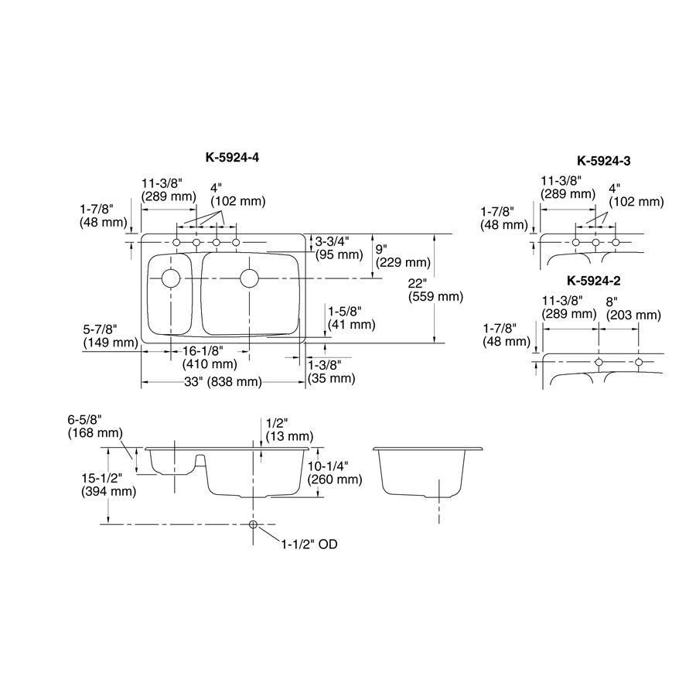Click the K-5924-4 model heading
232,157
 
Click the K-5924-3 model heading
604,161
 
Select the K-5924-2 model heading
594,281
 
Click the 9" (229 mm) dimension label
401,256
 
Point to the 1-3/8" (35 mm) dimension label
331,371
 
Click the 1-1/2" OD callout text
309,544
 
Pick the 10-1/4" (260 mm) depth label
334,473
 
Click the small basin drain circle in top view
171,278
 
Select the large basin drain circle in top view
249,278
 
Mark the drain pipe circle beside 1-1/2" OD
254,525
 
